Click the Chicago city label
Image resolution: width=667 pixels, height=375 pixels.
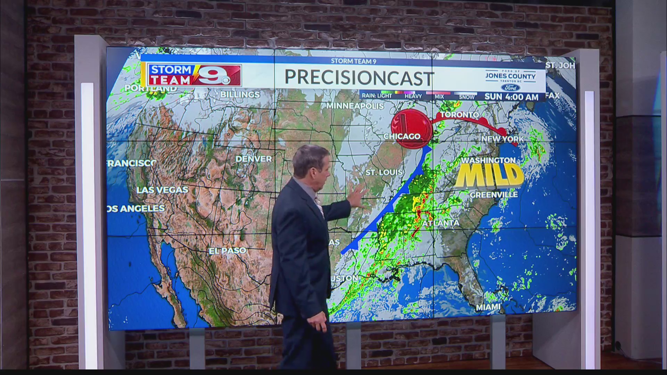click(x=402, y=136)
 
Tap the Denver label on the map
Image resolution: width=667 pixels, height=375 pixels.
click(x=254, y=159)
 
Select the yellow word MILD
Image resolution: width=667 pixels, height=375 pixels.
click(x=489, y=176)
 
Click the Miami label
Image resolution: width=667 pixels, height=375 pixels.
click(x=488, y=307)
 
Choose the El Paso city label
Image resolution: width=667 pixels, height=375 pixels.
click(x=228, y=251)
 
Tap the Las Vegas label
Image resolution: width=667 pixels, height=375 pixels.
click(x=162, y=190)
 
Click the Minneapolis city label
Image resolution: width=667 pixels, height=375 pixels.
click(x=355, y=106)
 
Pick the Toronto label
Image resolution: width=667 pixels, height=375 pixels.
click(x=459, y=115)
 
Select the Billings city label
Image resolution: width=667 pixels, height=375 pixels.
click(x=240, y=94)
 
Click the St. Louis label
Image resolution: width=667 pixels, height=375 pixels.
click(x=384, y=172)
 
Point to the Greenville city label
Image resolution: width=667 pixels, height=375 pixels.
click(x=494, y=195)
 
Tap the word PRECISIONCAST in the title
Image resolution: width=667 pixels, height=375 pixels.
click(x=359, y=78)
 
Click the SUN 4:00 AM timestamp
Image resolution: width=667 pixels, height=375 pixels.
click(x=511, y=97)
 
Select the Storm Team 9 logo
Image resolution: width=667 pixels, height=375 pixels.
click(x=195, y=75)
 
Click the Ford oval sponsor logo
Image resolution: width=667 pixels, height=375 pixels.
click(x=510, y=87)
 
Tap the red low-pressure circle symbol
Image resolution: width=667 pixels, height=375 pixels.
click(x=411, y=129)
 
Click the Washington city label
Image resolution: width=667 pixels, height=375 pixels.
click(x=488, y=160)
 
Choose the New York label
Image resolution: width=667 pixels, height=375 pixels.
click(x=502, y=139)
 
